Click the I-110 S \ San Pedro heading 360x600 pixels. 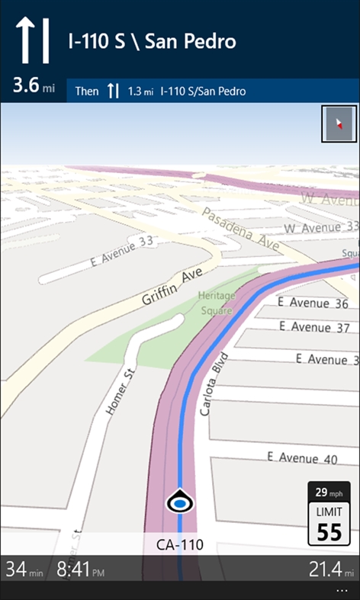[x=151, y=40]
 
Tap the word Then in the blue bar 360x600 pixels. [x=87, y=91]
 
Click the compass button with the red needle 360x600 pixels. [x=339, y=124]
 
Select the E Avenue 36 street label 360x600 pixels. [x=313, y=303]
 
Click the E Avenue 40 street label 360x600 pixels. [x=302, y=458]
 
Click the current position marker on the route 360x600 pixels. [x=180, y=502]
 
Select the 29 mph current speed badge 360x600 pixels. [x=329, y=492]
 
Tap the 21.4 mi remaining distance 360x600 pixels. [x=328, y=569]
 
